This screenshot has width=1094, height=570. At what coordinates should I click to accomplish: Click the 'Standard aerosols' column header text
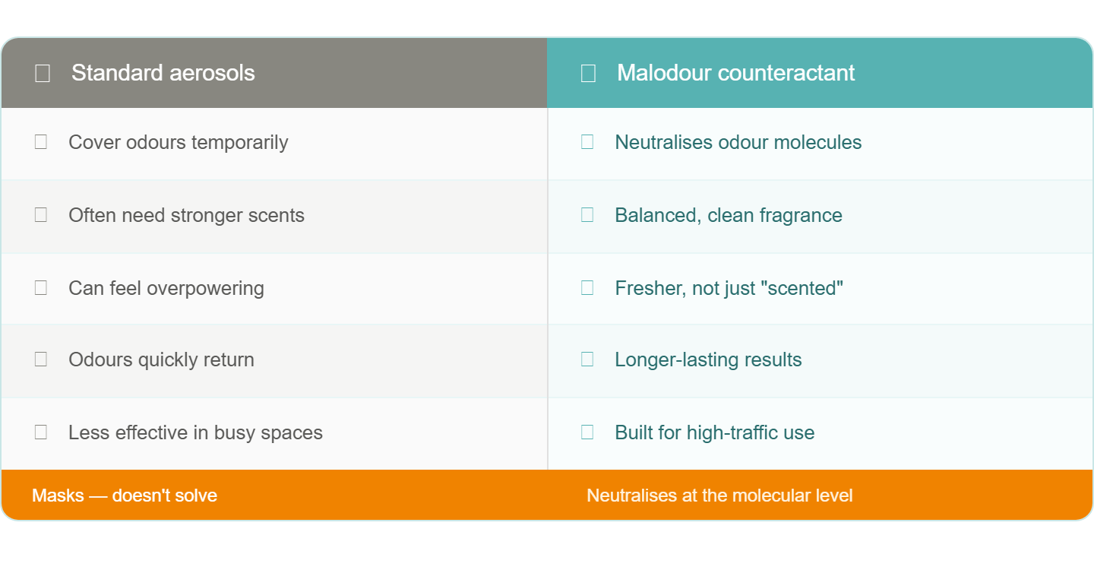point(163,73)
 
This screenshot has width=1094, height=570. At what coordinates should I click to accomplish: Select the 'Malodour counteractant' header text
point(735,73)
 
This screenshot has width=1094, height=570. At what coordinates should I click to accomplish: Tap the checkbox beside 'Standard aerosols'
point(43,73)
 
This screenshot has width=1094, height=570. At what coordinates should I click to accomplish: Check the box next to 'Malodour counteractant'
point(588,73)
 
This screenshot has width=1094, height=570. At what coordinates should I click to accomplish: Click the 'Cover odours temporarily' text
point(179,143)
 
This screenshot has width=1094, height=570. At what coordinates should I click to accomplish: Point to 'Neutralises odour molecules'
point(738,142)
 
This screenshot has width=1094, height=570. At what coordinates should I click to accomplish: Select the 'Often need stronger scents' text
point(186,215)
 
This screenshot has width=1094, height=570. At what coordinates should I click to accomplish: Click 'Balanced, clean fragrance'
point(728,215)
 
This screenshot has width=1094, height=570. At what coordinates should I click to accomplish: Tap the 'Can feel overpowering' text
point(166,288)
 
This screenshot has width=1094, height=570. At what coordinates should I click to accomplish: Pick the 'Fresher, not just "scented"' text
point(729,288)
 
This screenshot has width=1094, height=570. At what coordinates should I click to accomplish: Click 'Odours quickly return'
point(161,360)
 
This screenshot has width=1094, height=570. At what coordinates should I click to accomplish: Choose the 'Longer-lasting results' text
point(708,360)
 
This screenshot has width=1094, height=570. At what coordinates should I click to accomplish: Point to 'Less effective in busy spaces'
point(195,432)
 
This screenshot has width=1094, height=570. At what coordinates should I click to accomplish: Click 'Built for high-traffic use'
point(714,432)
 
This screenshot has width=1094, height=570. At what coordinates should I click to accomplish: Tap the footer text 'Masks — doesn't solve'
point(125,496)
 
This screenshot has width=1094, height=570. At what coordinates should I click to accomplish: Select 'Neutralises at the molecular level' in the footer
point(719,496)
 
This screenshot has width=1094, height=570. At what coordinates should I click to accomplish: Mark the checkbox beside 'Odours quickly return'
point(41,359)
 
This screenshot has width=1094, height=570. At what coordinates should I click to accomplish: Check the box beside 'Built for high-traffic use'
point(587,432)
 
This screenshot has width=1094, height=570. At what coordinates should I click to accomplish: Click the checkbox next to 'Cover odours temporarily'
point(41,142)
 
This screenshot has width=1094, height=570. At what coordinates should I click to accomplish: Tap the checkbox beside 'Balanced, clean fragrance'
point(587,215)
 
